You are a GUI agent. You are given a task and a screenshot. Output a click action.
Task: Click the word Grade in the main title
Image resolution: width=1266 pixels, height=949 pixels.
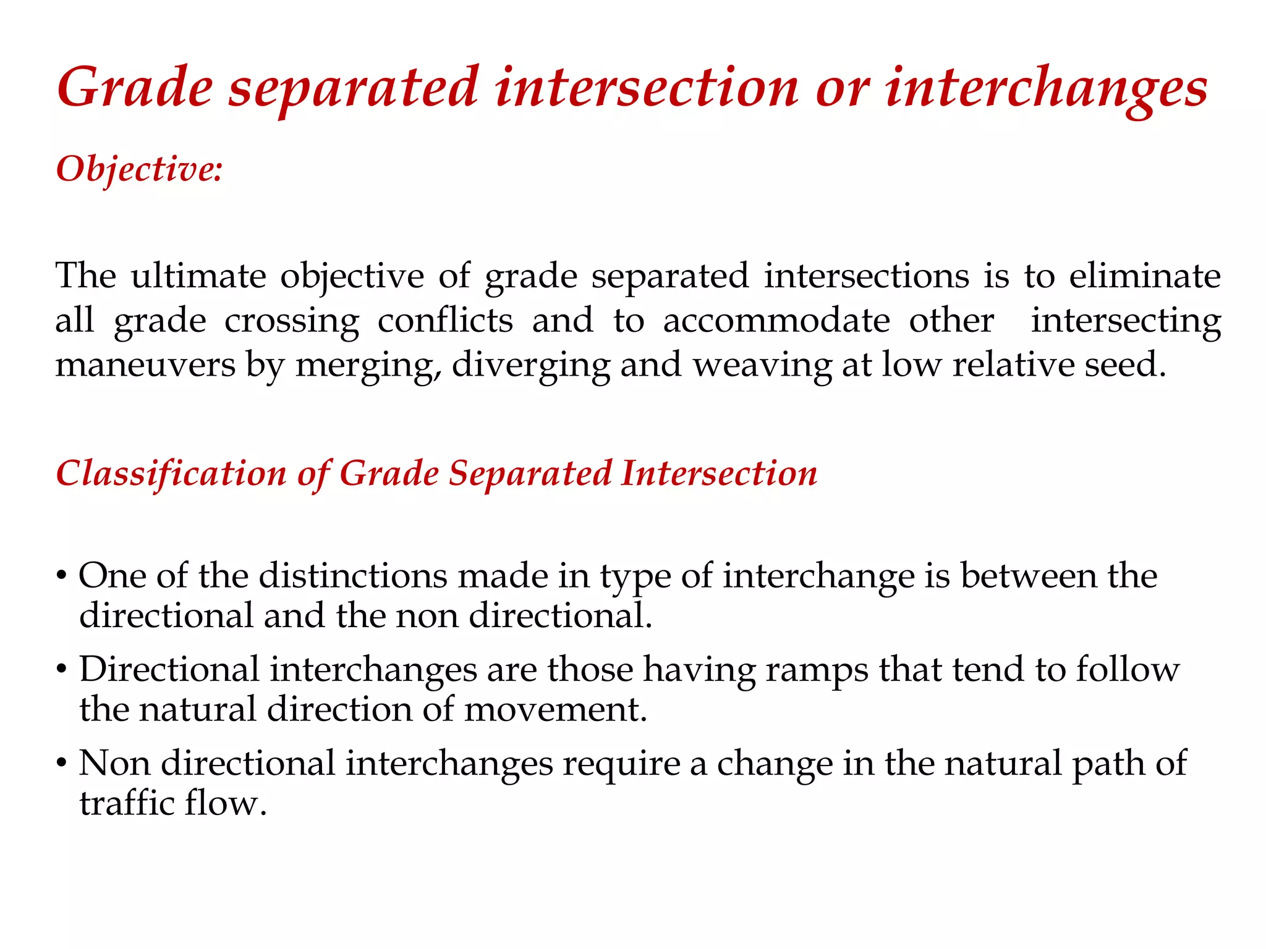tap(135, 88)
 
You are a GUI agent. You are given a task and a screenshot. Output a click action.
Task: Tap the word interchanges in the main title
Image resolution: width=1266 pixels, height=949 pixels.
tap(1046, 88)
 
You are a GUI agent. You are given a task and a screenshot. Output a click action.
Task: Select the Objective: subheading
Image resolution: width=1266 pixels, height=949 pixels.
tap(139, 169)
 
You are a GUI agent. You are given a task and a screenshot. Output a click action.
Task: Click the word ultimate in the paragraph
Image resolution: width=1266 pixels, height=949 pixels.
tap(198, 276)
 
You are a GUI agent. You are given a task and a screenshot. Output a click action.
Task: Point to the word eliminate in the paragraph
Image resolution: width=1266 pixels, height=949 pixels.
tap(1145, 276)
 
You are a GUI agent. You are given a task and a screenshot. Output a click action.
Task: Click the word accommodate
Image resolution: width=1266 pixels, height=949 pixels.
tap(776, 320)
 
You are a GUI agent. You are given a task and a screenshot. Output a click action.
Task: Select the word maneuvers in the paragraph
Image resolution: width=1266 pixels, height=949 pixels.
tap(145, 365)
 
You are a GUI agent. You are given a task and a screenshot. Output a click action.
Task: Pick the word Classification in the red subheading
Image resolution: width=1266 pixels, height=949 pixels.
tap(171, 474)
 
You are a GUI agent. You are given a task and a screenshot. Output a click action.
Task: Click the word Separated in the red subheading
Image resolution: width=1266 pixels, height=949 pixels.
tap(530, 474)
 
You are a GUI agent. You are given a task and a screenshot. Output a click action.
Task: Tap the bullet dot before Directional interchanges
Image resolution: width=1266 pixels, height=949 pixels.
tap(61, 670)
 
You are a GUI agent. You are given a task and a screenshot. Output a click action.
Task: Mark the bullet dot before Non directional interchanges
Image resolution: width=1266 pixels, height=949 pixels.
tap(61, 764)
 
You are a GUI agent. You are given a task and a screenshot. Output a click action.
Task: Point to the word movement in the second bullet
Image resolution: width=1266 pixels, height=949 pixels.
tap(554, 709)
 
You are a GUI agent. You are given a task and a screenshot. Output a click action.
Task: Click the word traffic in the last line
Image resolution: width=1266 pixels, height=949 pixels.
tap(127, 803)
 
